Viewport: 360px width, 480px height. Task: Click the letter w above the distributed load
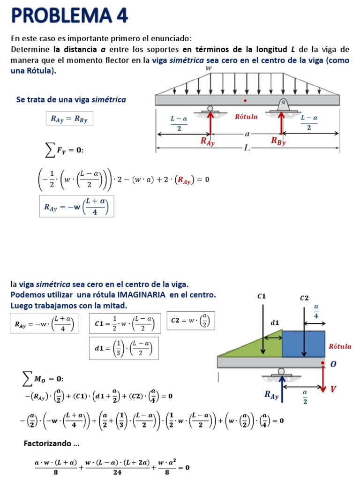pos(209,68)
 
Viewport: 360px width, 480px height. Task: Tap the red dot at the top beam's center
pos(245,100)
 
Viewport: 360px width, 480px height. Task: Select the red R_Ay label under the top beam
pos(207,141)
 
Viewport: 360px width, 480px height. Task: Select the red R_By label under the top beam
pos(277,141)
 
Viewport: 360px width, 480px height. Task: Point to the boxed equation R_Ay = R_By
pos(69,119)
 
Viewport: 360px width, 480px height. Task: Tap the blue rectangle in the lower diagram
pos(303,344)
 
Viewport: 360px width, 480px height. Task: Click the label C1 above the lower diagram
pos(262,296)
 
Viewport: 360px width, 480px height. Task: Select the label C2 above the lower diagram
pos(304,298)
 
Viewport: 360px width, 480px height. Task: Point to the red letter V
pos(333,390)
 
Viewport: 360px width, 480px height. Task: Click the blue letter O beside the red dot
pos(333,364)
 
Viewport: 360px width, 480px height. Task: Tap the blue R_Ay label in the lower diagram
pos(271,396)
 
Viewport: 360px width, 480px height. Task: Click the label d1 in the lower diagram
pos(274,322)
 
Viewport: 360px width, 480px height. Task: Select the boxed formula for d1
pos(124,348)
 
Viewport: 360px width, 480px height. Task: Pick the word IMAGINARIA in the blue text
pos(141,295)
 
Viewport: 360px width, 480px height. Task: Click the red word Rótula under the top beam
pos(246,117)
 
